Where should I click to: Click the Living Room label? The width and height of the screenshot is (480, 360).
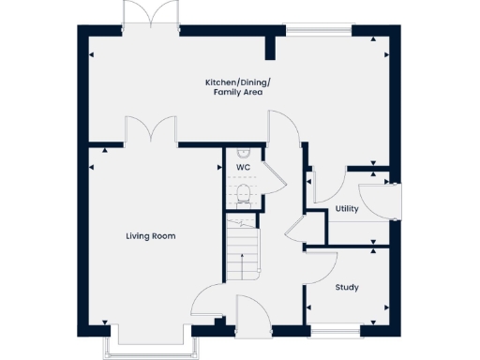pyautogui.click(x=150, y=236)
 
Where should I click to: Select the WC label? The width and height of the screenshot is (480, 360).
pyautogui.click(x=243, y=168)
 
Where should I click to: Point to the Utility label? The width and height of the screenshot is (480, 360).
pyautogui.click(x=347, y=210)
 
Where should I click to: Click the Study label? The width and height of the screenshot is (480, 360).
pyautogui.click(x=347, y=287)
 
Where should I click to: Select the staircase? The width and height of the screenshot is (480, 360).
pyautogui.click(x=244, y=248)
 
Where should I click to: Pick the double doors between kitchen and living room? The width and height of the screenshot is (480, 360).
pyautogui.click(x=150, y=131)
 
